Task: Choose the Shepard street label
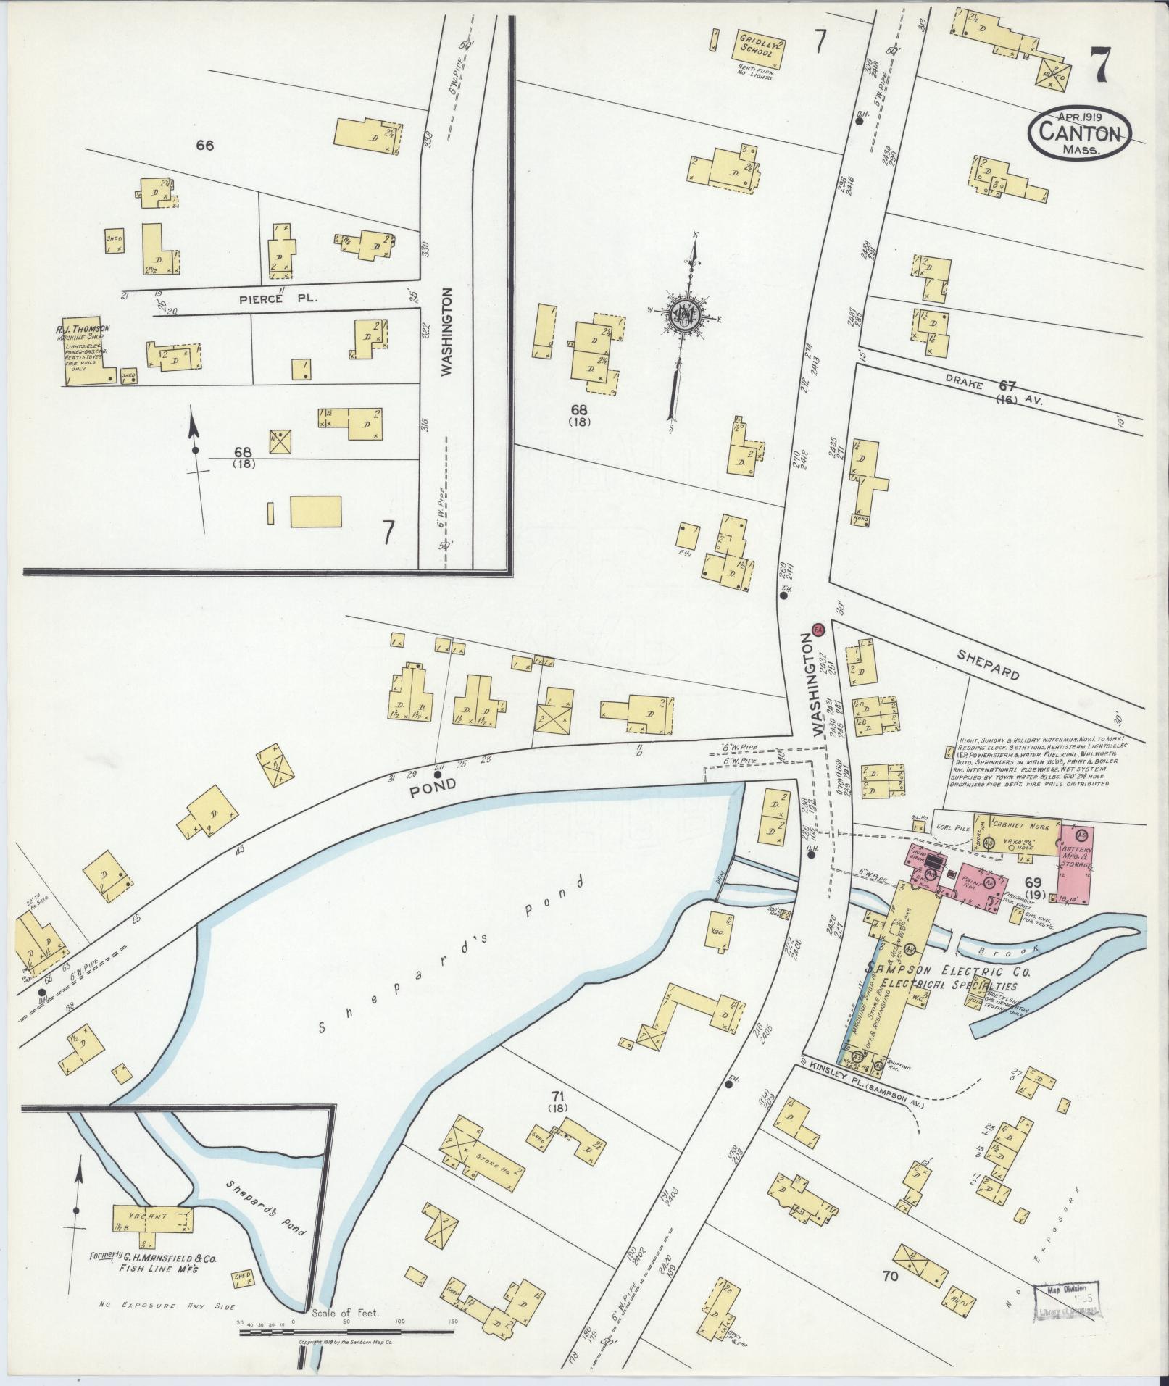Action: coord(987,664)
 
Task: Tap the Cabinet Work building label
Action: coord(1018,825)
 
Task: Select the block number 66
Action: coord(204,146)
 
